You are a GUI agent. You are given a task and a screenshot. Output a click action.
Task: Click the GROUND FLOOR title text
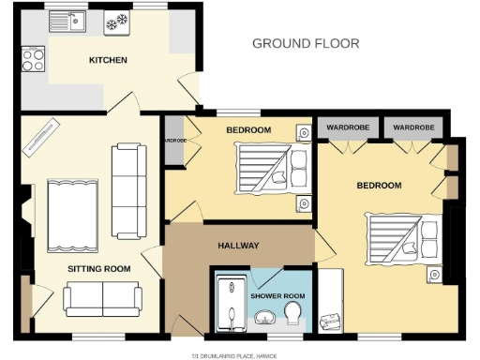tap(306, 43)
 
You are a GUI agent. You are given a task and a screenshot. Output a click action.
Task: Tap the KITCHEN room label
tap(108, 61)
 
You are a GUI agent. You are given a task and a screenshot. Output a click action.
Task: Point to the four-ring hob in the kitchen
tap(34, 60)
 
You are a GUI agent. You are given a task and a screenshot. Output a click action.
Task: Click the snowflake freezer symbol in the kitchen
tap(119, 21)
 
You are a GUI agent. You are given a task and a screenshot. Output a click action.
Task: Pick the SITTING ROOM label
tap(98, 269)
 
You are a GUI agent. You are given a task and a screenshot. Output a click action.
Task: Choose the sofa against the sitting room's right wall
tap(127, 190)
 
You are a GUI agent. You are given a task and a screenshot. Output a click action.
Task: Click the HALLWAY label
tap(238, 246)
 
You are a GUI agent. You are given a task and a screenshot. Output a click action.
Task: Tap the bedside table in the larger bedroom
tap(434, 273)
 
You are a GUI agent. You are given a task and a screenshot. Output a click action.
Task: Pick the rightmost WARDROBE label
tap(412, 126)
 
